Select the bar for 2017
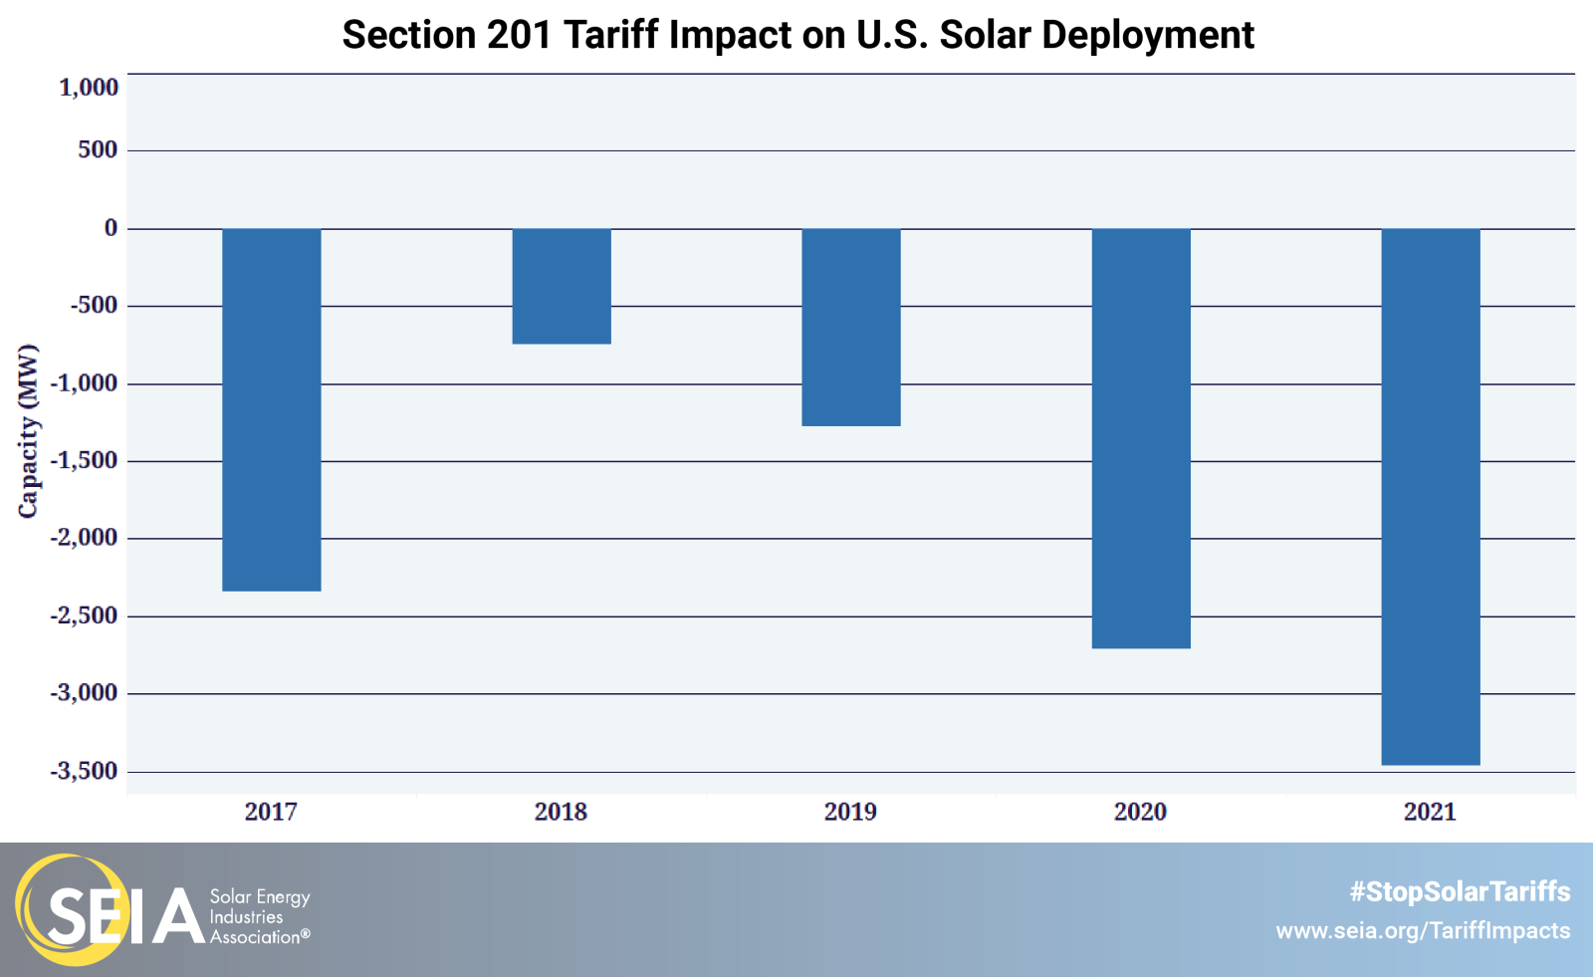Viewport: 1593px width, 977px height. [x=271, y=409]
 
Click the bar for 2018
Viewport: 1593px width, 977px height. [x=562, y=286]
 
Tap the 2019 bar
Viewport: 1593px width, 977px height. [x=851, y=327]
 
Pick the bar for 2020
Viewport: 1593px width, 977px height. [x=1141, y=438]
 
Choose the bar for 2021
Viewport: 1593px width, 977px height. [x=1430, y=496]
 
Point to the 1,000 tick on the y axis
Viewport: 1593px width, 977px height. [x=89, y=88]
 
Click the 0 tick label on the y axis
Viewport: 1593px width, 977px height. [x=111, y=228]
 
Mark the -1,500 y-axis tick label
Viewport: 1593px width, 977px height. [x=85, y=461]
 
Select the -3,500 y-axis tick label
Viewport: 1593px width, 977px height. [x=85, y=771]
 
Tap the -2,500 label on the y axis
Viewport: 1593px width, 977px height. [x=85, y=615]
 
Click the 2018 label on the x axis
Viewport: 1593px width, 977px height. [x=561, y=812]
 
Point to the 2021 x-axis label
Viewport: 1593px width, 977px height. [x=1430, y=812]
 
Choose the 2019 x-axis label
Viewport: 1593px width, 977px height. [x=850, y=812]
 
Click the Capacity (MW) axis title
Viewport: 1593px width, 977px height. [x=28, y=430]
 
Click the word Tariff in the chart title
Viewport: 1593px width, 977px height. [x=614, y=35]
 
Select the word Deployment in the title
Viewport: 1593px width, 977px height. [x=1148, y=35]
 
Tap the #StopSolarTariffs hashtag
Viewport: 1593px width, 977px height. [x=1460, y=891]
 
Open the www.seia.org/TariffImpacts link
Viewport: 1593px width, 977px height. [x=1423, y=931]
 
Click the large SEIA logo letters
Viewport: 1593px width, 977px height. [x=124, y=914]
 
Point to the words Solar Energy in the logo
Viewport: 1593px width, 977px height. [x=260, y=896]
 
